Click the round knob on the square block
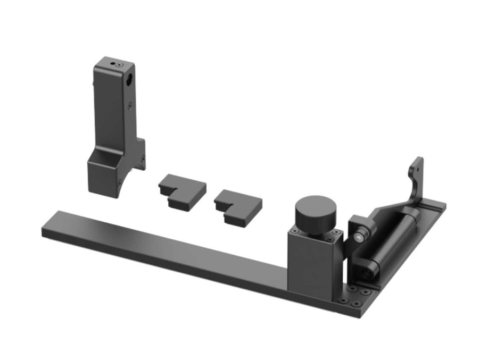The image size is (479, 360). (x=316, y=213)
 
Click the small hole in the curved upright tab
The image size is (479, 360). (x=416, y=168)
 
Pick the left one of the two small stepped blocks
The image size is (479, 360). (x=182, y=191)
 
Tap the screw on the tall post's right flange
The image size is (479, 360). (x=142, y=157)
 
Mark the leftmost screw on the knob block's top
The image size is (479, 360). (x=294, y=230)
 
